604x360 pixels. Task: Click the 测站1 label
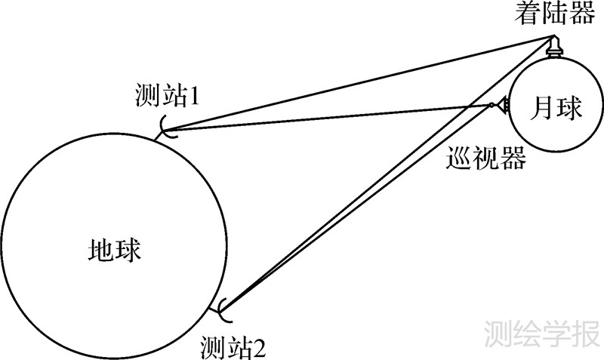(x=165, y=95)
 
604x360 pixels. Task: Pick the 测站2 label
(x=233, y=348)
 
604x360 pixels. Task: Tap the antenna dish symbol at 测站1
(x=167, y=128)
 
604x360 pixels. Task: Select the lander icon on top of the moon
(x=553, y=47)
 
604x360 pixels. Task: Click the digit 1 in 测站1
(x=193, y=96)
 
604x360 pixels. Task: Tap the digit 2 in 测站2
(x=260, y=349)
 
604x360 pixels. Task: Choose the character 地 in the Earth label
(x=101, y=250)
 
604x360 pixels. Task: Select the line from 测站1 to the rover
(x=325, y=117)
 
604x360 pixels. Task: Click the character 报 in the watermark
(x=584, y=333)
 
